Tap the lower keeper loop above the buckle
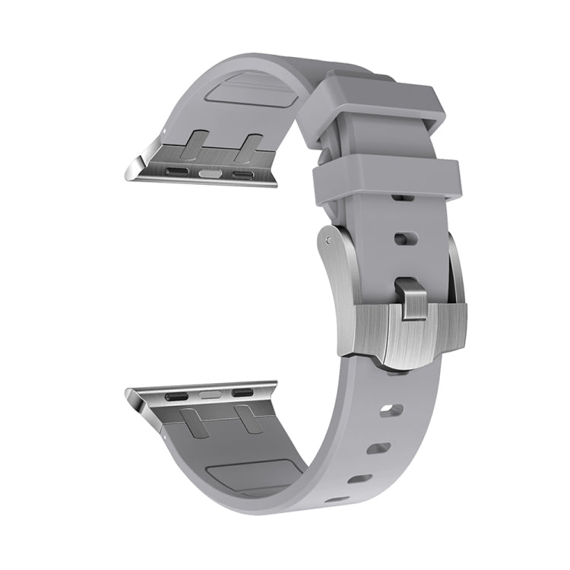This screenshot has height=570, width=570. tap(388, 179)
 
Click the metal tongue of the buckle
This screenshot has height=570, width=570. tap(410, 298)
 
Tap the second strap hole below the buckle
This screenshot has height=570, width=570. tap(378, 448)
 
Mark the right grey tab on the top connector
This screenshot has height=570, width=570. tap(249, 146)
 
